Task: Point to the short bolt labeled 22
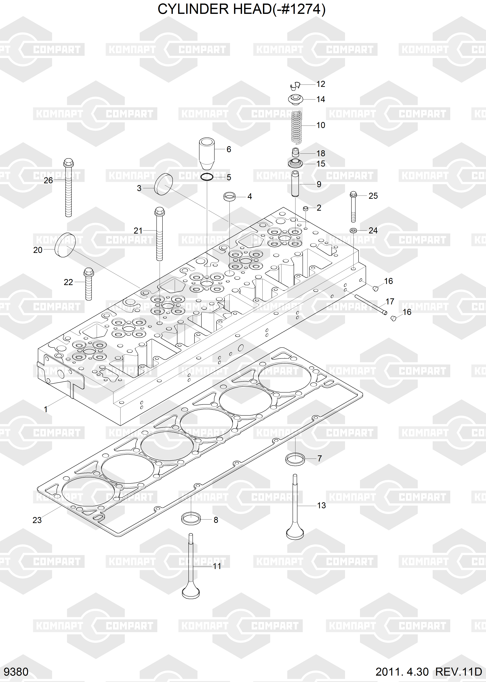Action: point(89,284)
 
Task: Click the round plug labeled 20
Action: point(64,245)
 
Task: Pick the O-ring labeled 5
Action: point(207,177)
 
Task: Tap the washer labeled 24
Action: point(353,230)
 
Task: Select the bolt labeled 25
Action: point(353,207)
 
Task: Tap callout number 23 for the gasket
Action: point(37,520)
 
